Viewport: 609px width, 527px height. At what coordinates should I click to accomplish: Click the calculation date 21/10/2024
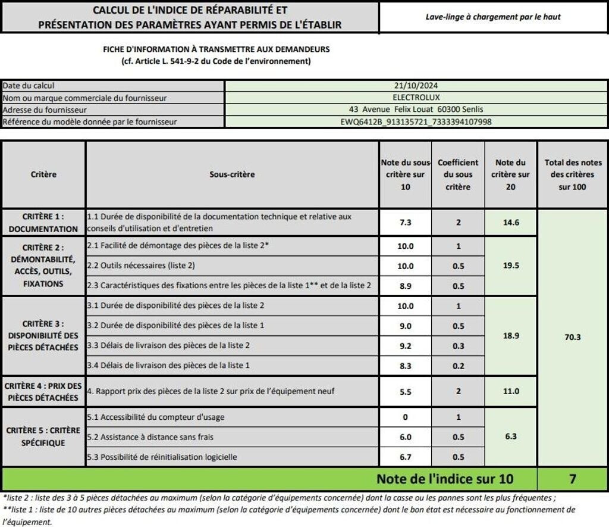coord(416,86)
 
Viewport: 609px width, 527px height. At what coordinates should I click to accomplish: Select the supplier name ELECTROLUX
coord(416,98)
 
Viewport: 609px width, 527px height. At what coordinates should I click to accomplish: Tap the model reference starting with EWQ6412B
coord(416,121)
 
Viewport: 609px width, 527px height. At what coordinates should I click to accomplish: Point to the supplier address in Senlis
coord(416,110)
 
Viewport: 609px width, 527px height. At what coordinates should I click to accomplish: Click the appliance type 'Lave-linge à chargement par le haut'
coord(493,17)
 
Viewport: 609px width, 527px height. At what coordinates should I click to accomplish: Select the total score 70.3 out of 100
coord(572,337)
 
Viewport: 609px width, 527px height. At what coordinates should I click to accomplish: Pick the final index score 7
coord(572,479)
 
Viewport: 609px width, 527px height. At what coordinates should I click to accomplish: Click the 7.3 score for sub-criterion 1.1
coord(405,222)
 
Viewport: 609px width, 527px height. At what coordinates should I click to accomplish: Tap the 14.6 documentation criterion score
coord(511,222)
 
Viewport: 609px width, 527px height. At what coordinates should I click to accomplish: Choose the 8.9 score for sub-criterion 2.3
coord(405,286)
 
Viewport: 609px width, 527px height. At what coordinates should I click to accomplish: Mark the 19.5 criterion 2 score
coord(511,266)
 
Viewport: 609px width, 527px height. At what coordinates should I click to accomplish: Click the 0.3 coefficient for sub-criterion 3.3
coord(458,345)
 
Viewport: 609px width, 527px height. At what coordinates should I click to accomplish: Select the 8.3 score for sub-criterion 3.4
coord(405,365)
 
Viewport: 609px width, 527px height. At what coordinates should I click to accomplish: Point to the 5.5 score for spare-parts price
coord(405,391)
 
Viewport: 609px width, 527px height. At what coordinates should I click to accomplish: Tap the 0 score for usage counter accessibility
coord(405,417)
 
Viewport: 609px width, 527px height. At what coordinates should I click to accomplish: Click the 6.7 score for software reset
coord(405,457)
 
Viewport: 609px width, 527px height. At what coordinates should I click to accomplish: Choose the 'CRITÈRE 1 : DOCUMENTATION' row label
coord(43,223)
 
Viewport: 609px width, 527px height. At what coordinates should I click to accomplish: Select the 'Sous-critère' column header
coord(232,174)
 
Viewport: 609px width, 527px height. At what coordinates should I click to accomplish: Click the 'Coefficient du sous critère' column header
coord(458,174)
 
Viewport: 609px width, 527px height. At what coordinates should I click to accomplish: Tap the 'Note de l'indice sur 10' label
coord(445,479)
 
